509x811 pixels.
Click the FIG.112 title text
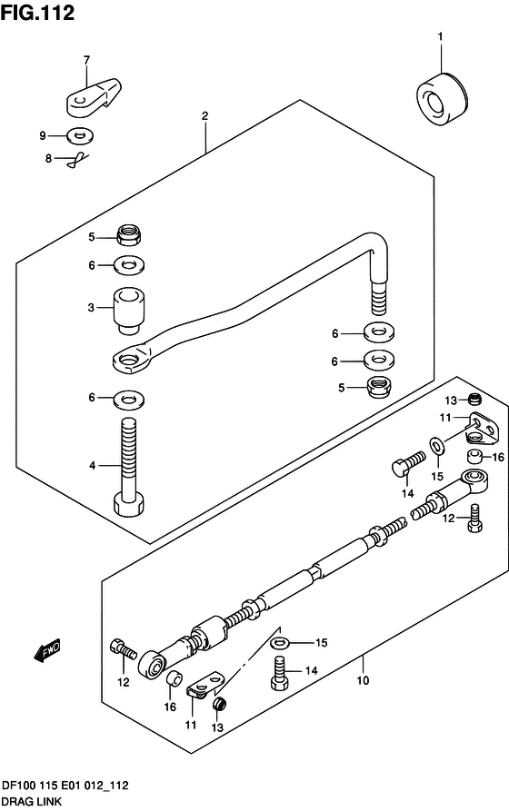37,13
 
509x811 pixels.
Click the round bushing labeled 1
441,99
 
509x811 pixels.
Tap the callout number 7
86,60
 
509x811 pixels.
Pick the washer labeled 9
80,136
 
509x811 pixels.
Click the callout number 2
205,116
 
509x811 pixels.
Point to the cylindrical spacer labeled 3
128,310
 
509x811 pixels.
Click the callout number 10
363,680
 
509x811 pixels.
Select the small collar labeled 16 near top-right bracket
474,457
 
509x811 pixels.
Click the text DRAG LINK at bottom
32,801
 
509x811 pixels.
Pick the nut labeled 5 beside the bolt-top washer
129,235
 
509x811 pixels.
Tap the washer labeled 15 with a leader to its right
281,643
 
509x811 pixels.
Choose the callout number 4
92,466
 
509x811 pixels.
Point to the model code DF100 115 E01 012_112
65,786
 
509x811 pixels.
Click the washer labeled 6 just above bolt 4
128,399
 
